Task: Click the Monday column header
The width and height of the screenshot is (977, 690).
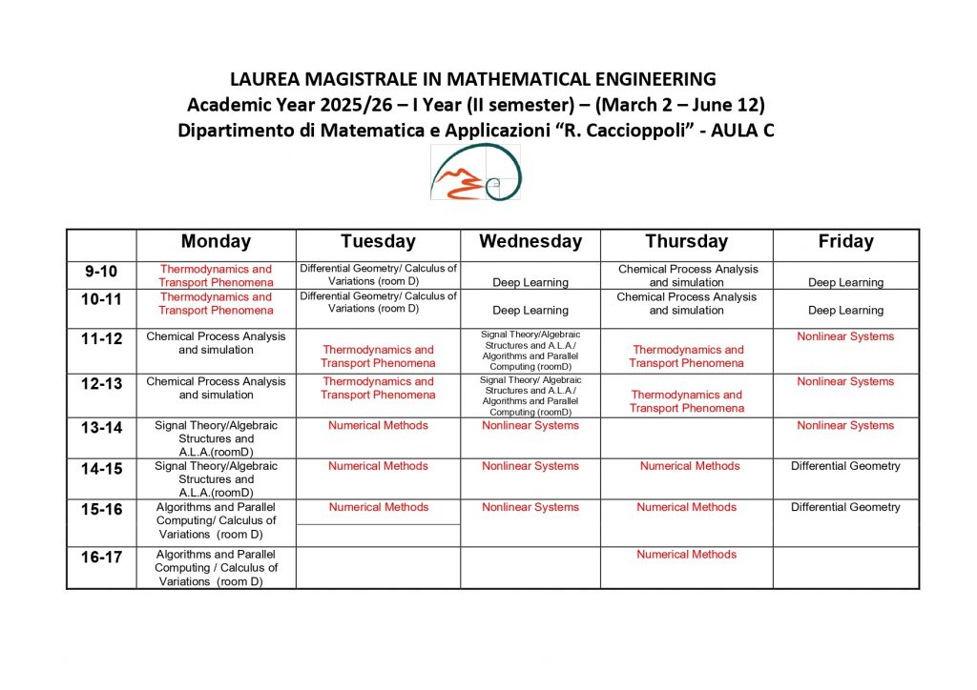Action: (x=216, y=242)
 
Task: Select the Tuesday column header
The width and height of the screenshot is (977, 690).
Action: (x=378, y=242)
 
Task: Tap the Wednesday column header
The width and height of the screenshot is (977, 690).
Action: (x=530, y=242)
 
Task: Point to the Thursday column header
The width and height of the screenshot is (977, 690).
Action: (x=686, y=242)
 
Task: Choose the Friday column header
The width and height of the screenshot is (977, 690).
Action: (x=845, y=242)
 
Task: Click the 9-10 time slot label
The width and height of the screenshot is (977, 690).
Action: (x=102, y=272)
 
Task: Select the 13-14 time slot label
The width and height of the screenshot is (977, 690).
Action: (x=102, y=428)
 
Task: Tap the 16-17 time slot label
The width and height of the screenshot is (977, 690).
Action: (x=102, y=558)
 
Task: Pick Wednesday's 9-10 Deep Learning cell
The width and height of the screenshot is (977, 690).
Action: (x=530, y=282)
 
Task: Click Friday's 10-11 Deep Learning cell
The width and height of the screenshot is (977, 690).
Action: (x=845, y=310)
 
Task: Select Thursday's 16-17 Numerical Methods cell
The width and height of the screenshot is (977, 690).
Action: (x=686, y=554)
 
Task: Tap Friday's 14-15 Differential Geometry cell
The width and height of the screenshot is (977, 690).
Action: (x=845, y=466)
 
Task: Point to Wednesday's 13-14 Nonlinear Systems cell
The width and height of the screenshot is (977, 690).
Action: (x=530, y=425)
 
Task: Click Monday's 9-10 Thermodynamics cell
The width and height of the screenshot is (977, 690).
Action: (x=216, y=275)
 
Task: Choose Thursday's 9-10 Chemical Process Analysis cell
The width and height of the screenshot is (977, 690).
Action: (x=686, y=275)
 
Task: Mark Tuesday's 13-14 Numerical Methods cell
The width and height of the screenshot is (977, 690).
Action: (x=378, y=425)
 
